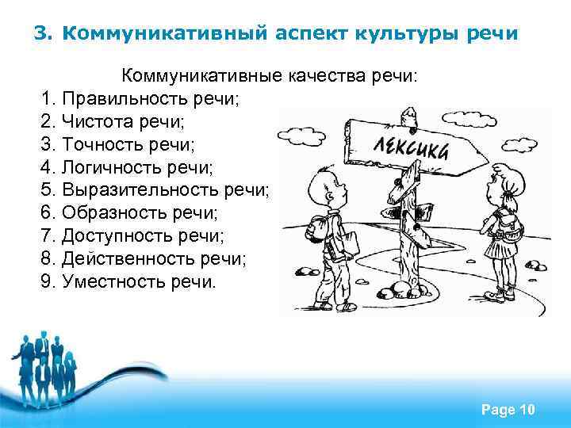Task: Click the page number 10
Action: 527,409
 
